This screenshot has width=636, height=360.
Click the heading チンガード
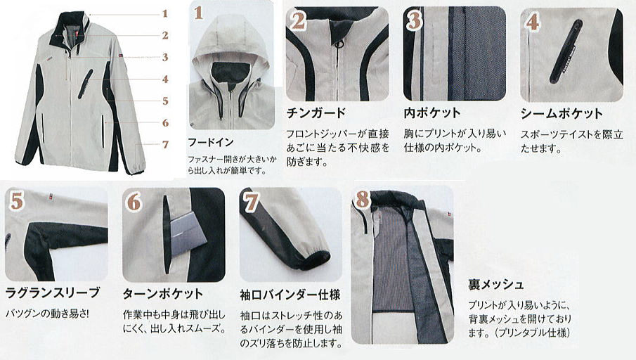[x=316, y=112]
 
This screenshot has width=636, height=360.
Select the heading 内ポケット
[x=432, y=112]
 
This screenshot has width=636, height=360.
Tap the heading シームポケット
[x=562, y=114]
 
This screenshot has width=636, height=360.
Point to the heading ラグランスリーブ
[x=52, y=292]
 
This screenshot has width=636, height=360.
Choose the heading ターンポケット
[x=162, y=293]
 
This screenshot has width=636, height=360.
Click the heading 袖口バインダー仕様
[x=290, y=295]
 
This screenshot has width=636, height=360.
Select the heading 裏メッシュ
[x=495, y=285]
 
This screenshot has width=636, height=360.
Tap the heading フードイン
[x=211, y=142]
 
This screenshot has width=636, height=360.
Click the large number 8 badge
[x=363, y=199]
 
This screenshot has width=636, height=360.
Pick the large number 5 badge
[x=17, y=201]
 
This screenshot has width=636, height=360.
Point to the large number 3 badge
[x=415, y=20]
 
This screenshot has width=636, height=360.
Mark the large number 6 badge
[x=134, y=202]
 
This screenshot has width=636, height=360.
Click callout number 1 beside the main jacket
[x=165, y=14]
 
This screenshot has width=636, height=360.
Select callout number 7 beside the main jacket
[x=165, y=144]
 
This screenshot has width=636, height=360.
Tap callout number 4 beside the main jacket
[x=165, y=79]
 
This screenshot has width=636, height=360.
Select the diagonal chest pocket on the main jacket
[x=84, y=83]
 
